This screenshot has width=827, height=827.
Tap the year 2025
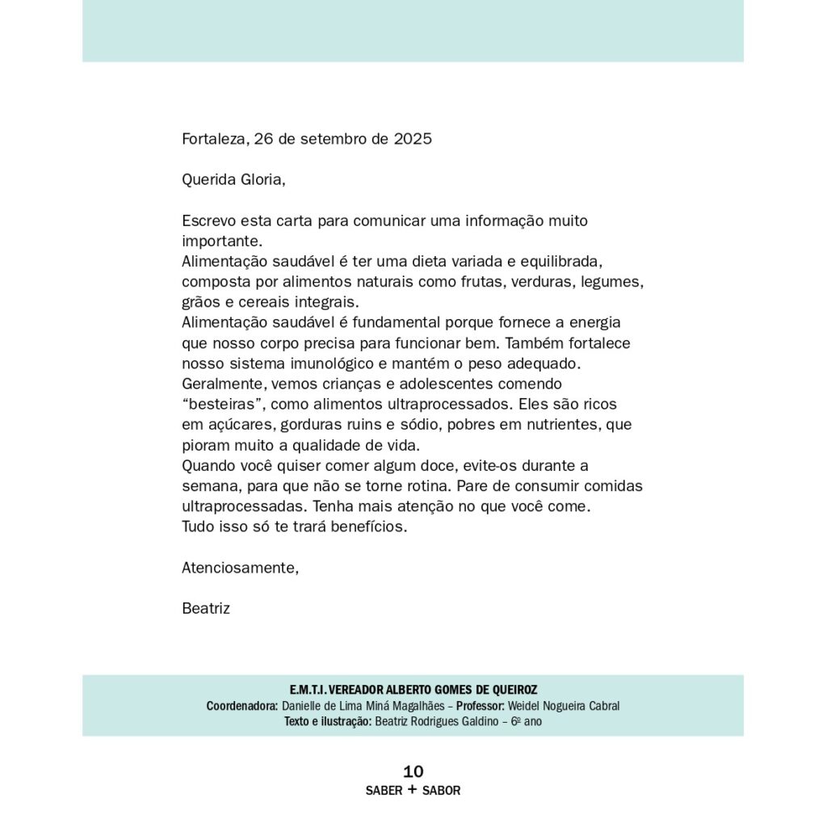point(413,139)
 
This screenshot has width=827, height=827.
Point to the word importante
point(221,241)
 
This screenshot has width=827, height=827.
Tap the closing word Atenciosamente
point(240,568)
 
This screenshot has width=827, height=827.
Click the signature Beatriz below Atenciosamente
point(206,609)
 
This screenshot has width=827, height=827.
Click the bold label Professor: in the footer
point(481,706)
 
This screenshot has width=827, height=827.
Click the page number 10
point(413,771)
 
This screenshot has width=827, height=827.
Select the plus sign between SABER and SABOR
point(412,790)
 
